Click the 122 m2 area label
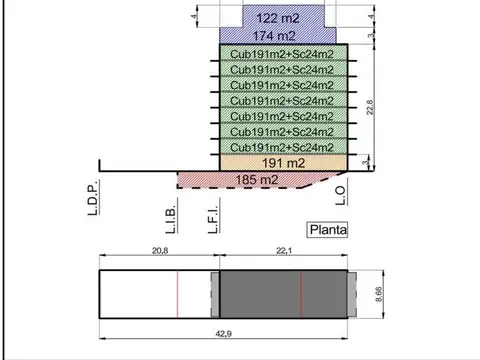278,18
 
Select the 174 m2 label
274,36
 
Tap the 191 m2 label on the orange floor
283,163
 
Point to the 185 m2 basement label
257,180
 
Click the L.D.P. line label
93,198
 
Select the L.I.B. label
171,216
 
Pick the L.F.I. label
213,216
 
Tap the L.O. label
341,195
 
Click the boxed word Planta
327,230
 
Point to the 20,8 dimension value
160,251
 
